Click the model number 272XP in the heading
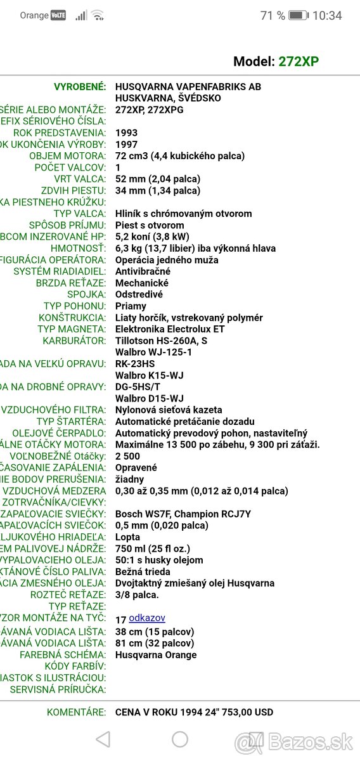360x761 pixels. tap(299, 62)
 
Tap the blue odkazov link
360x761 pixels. tap(147, 618)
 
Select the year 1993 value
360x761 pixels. tap(126, 133)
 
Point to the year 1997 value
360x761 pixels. tap(126, 145)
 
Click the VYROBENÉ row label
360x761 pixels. tap(80, 87)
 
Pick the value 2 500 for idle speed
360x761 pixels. tap(127, 456)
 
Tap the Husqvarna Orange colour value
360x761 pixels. tap(156, 654)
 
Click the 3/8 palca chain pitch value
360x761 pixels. tap(137, 595)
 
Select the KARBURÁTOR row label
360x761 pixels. tap(74, 341)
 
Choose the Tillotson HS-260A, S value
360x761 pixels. tap(161, 341)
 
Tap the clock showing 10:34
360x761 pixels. tap(327, 15)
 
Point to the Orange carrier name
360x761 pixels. tap(34, 15)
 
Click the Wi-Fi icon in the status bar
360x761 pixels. tap(97, 15)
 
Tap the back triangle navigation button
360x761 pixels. tap(103, 739)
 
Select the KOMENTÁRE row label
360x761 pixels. tap(76, 712)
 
